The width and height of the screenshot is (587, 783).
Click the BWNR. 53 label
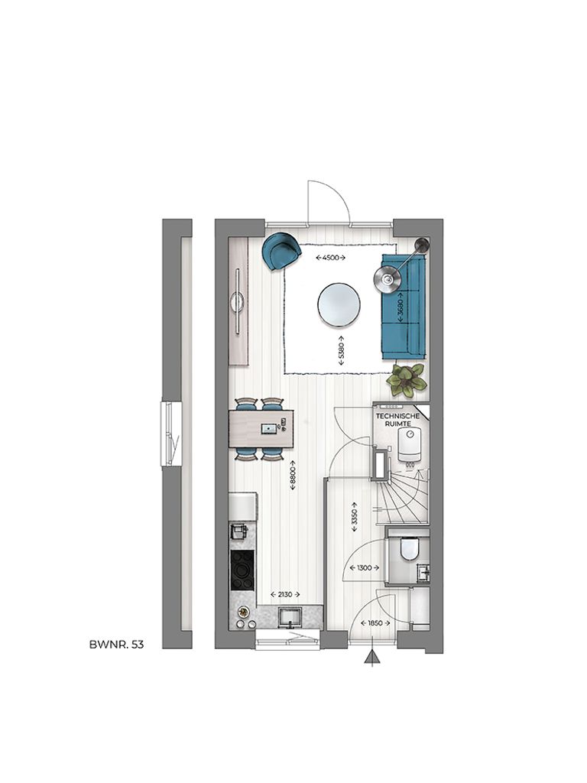[116, 645]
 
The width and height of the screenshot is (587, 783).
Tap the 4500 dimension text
[332, 258]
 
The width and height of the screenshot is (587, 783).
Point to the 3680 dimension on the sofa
[399, 307]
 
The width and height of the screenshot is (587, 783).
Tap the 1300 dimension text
[362, 567]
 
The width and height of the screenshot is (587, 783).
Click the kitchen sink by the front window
[291, 616]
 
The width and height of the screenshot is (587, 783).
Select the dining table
[261, 429]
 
